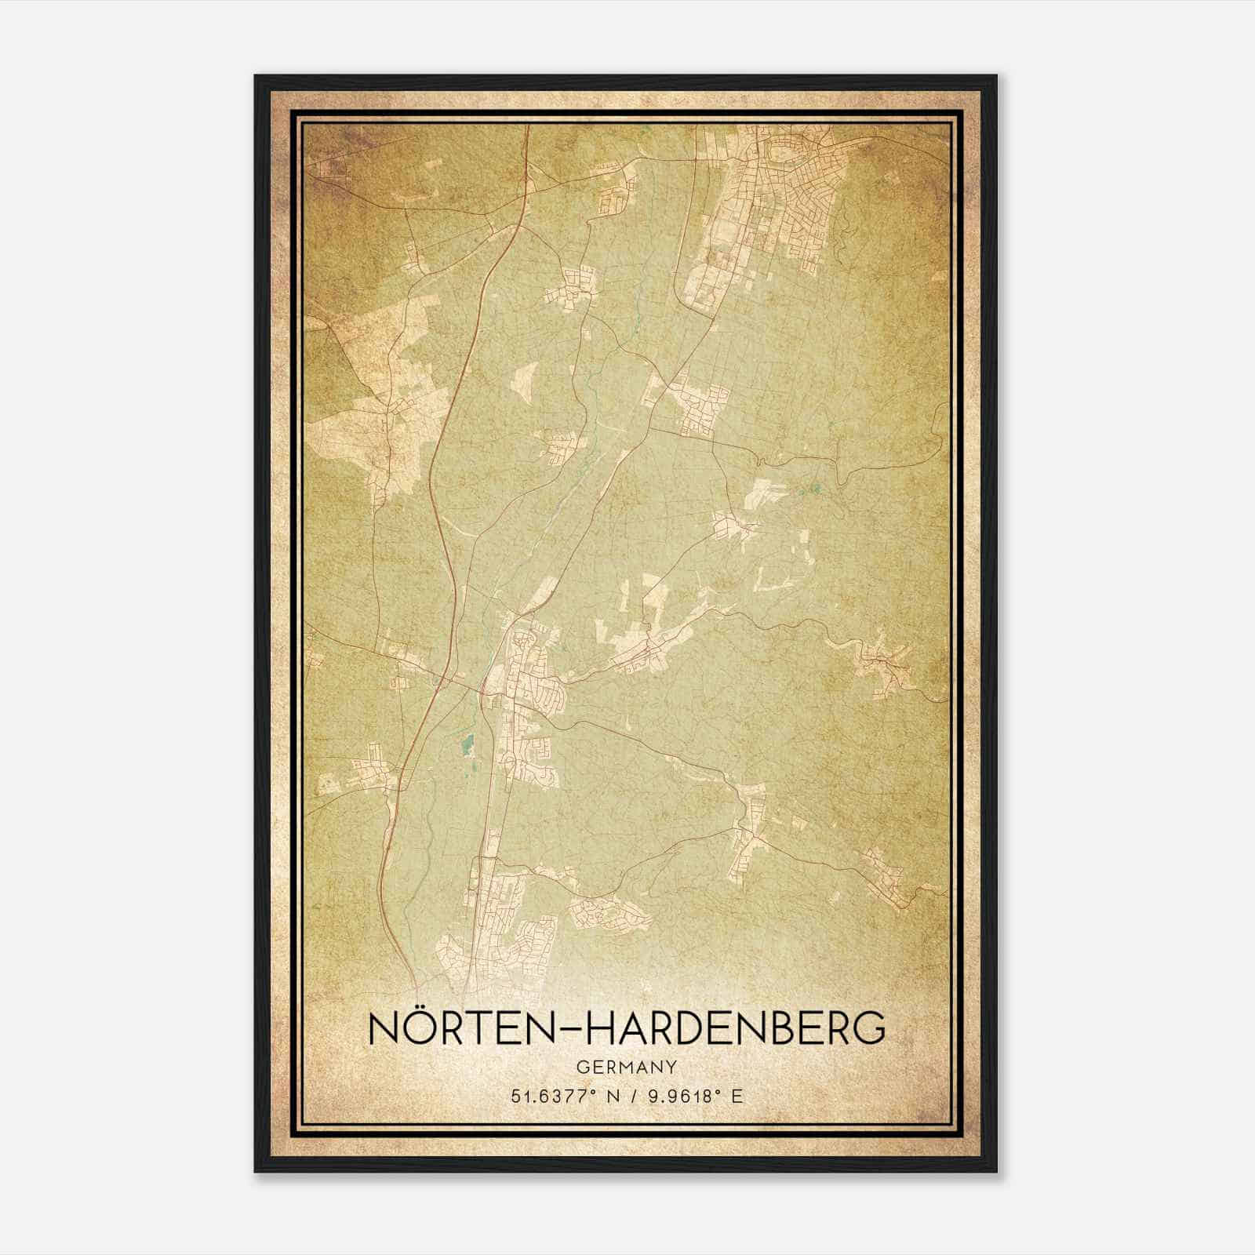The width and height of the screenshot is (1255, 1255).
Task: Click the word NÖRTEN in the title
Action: click(460, 1028)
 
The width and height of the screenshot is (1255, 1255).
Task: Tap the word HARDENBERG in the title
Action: click(737, 1028)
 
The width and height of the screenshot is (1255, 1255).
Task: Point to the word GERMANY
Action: click(627, 1067)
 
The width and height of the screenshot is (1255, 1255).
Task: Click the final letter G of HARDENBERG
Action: click(868, 1028)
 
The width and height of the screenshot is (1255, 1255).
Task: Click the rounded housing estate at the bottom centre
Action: click(608, 914)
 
